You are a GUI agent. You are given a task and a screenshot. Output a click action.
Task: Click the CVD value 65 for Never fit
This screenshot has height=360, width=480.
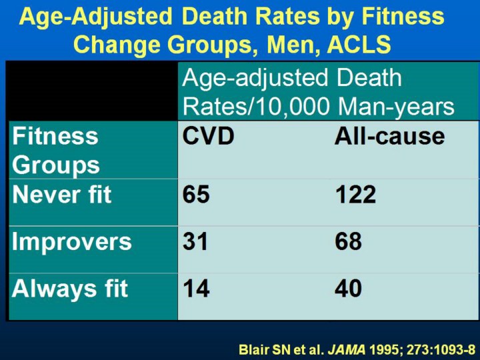pos(197,195)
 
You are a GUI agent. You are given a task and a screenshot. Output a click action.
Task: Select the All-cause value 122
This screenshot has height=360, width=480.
pos(355,195)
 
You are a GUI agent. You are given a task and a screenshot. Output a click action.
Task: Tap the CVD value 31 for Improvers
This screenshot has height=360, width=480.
pos(196,241)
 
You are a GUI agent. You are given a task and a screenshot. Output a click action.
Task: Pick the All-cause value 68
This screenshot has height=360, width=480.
pos(348,241)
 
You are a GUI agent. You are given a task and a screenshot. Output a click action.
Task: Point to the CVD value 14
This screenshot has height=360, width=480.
pos(196,288)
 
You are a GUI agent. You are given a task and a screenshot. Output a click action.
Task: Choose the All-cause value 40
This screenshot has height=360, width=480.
pos(348,288)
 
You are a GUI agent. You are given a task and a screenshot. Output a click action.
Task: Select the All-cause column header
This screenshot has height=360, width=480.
pos(389,136)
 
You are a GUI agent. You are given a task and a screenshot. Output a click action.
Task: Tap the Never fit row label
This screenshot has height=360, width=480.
pos(61,195)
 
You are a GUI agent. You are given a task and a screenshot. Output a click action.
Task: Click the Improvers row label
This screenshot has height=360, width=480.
pos(72,241)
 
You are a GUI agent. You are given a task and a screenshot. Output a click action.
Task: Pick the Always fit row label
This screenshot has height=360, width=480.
pos(70,288)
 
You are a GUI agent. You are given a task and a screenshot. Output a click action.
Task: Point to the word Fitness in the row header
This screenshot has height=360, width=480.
pos(55,136)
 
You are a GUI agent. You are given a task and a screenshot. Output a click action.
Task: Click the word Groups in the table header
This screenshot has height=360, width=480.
pos(56,165)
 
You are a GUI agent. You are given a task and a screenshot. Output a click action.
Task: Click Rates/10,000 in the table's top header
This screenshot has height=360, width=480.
pos(256,106)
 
